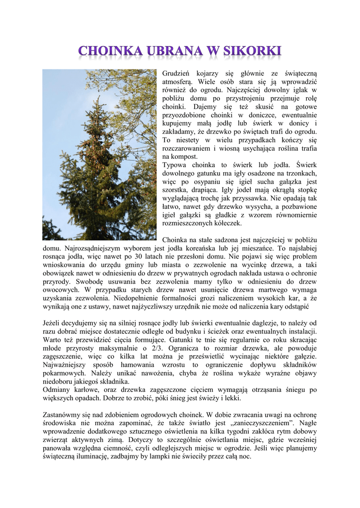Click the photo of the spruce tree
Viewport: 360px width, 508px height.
(x=99, y=154)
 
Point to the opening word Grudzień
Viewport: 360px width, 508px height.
(x=177, y=73)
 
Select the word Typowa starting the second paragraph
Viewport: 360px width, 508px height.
(x=174, y=165)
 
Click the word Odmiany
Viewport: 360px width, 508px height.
(x=57, y=389)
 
